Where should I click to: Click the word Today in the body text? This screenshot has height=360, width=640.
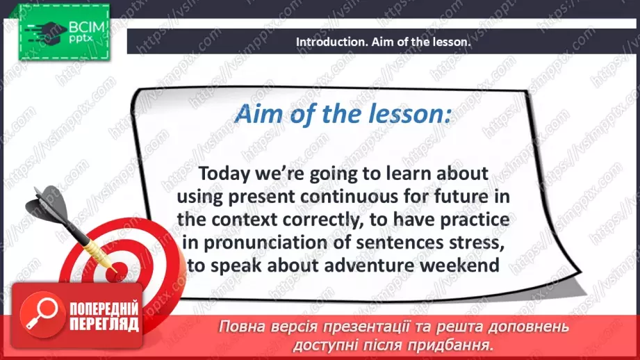coord(224,174)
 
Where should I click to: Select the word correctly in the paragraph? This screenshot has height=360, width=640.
coord(323,220)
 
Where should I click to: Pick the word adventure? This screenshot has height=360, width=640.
coord(369,265)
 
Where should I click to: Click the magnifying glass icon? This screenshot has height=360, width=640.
coord(42,314)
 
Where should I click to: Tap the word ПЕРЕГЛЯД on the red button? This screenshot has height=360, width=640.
coord(104,325)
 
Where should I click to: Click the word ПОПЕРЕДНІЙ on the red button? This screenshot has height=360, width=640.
coord(104,308)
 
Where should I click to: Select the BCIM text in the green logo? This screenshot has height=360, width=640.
coord(87,27)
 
